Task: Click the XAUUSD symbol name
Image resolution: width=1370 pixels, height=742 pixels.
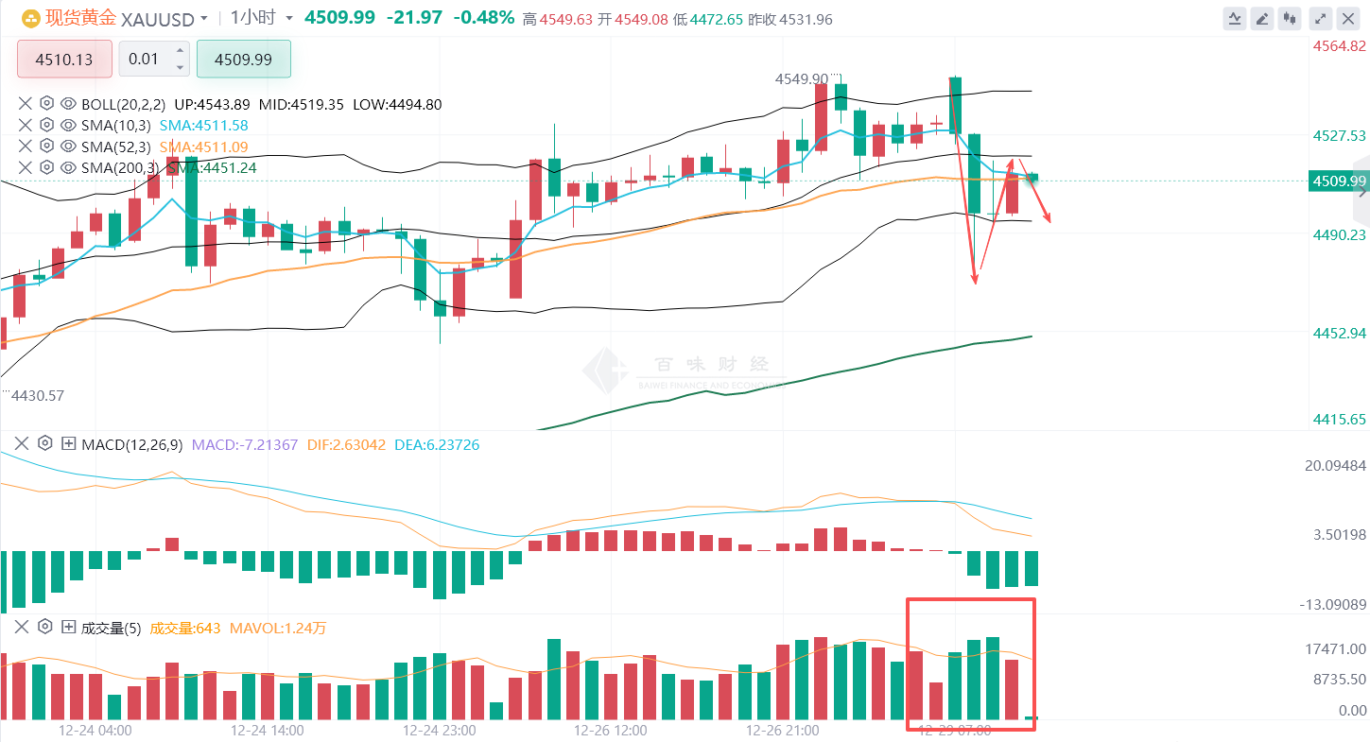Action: (x=159, y=18)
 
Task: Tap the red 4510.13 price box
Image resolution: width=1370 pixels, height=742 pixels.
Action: (x=64, y=60)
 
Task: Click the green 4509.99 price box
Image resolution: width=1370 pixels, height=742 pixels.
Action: (x=243, y=60)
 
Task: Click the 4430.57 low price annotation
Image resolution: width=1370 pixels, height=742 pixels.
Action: (x=36, y=395)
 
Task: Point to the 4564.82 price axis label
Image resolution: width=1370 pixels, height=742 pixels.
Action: (x=1339, y=46)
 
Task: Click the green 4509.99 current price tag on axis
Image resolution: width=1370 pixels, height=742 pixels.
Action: (x=1338, y=181)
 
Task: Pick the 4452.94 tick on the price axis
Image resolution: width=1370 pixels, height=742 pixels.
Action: (x=1339, y=333)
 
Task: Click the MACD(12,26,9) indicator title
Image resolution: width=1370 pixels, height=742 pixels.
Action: (x=133, y=443)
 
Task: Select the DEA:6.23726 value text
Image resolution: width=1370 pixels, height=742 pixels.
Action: (x=436, y=443)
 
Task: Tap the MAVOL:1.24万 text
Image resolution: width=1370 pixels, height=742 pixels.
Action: (x=278, y=628)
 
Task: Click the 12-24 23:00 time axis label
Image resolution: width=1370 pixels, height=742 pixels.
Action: (x=439, y=730)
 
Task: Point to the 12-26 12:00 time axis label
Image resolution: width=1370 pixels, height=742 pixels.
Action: (x=611, y=730)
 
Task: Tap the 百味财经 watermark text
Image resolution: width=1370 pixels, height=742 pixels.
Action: (x=710, y=365)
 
